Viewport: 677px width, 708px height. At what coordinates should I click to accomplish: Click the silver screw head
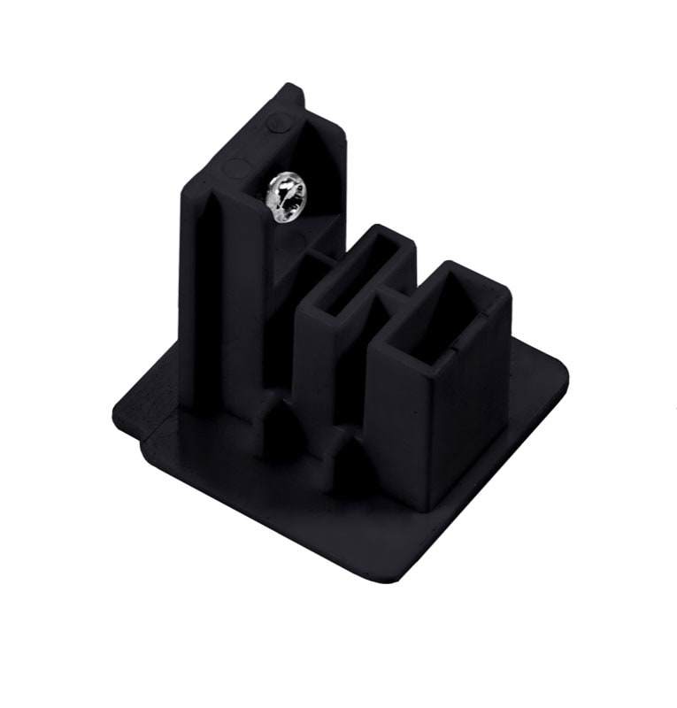click(286, 197)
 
